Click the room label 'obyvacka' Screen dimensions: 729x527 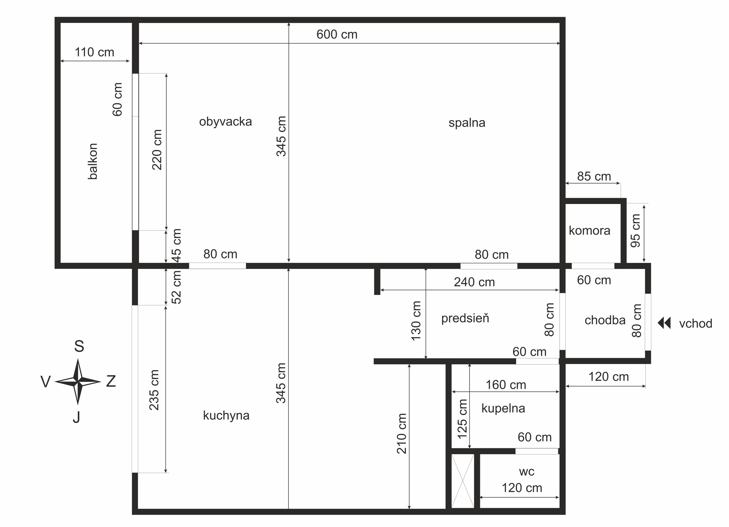pos(225,122)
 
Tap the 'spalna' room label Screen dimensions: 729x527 pos(467,123)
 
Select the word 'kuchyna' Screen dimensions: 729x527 pos(226,415)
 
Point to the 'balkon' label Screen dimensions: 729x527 pos(93,161)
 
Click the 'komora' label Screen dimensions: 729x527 pos(589,231)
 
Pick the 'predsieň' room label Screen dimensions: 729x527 pos(465,318)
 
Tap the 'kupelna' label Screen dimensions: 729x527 pos(503,408)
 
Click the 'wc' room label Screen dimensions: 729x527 pos(526,472)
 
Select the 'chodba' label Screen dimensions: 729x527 pos(605,320)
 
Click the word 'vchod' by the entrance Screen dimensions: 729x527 pos(696,323)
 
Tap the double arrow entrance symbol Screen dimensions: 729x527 pos(664,323)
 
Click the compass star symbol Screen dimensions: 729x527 pos(78,382)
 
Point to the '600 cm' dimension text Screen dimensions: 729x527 pos(337,34)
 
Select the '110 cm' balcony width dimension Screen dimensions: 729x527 pos(94,52)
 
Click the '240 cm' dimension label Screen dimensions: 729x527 pos(474,282)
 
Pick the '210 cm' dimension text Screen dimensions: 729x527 pos(402,433)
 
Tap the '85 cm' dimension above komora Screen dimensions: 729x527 pos(594,176)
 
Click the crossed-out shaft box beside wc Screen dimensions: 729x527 pos(463,481)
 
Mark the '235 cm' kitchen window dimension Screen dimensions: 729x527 pos(154,390)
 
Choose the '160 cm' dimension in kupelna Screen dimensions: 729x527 pos(506,385)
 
